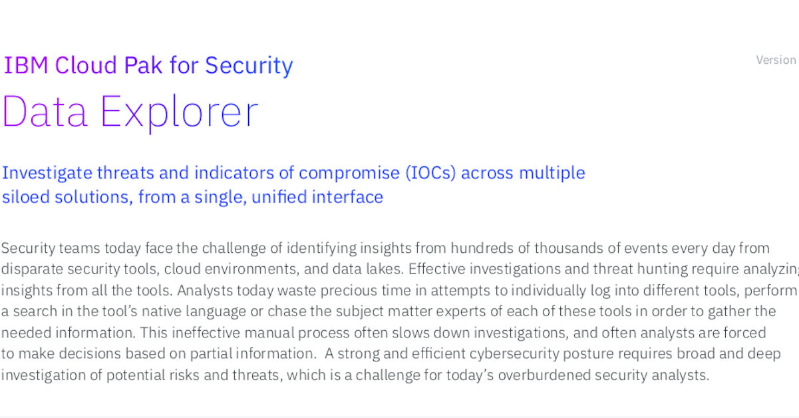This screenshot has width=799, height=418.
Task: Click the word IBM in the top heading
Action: point(26,65)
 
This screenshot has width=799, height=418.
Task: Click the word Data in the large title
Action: point(45,111)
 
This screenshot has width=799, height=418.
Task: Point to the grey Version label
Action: point(776,60)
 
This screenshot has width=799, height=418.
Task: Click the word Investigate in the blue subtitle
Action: point(47,174)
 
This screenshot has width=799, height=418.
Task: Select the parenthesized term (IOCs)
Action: point(430,173)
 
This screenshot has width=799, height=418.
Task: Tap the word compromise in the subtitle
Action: point(349,174)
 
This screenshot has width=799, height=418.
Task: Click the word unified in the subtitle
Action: point(279,197)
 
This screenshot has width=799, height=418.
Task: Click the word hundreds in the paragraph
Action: point(482,248)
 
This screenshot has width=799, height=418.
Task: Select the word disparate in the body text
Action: point(32,270)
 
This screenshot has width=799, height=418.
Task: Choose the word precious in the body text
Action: point(349,291)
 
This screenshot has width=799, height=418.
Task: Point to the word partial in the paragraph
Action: point(210,353)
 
